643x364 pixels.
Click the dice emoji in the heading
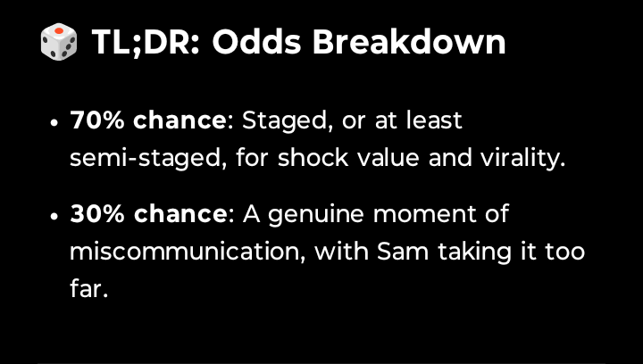[x=59, y=42]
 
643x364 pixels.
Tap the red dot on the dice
[x=59, y=30]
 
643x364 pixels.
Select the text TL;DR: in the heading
[x=146, y=42]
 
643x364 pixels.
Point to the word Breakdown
[x=409, y=42]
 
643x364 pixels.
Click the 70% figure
[x=97, y=120]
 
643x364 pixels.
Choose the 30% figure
[x=97, y=214]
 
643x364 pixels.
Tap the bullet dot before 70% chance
[x=54, y=123]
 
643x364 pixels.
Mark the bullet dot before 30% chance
[x=54, y=216]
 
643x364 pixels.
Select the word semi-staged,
[x=148, y=159]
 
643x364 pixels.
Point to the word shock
[x=313, y=158]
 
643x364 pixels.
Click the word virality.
[x=522, y=159]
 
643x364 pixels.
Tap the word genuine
[x=316, y=215]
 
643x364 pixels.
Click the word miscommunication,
[x=188, y=252]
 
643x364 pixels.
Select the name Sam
[x=403, y=252]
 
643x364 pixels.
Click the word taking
[x=474, y=252]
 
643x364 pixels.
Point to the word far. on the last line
[x=88, y=288]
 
